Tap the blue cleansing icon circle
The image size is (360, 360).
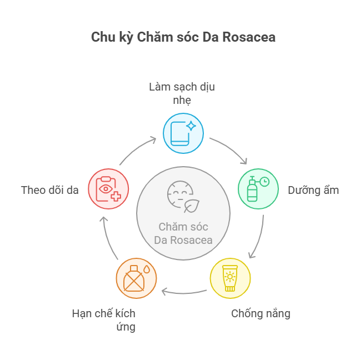click(183, 133)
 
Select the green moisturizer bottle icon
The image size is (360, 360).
click(258, 189)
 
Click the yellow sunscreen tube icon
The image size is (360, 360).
click(230, 278)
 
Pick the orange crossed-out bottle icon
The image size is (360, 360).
click(137, 278)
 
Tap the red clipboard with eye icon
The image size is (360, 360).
click(108, 189)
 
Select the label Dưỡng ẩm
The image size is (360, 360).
click(313, 190)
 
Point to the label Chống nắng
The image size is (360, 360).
click(261, 313)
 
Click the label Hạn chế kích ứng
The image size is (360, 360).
click(104, 319)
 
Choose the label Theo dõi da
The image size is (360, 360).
click(50, 190)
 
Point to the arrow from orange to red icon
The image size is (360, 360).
click(108, 236)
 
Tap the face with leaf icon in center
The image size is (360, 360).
click(183, 197)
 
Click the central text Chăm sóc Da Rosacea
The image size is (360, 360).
click(183, 233)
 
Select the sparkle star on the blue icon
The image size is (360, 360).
click(191, 126)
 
